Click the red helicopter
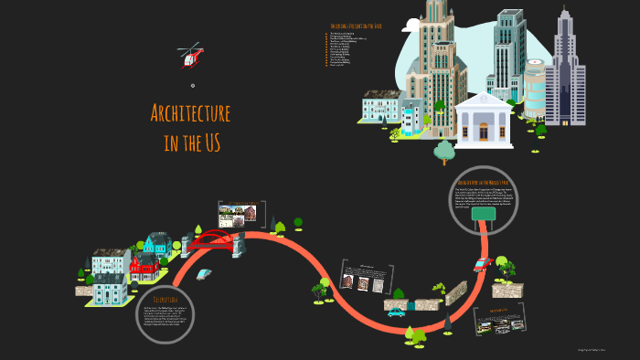click(x=191, y=56)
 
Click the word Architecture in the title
click(x=190, y=114)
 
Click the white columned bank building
click(x=484, y=120)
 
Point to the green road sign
click(x=483, y=215)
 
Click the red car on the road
click(x=483, y=265)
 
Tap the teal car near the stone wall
click(x=396, y=312)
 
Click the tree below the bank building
click(x=444, y=151)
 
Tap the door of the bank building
click(x=484, y=133)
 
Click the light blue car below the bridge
click(x=204, y=273)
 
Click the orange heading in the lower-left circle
click(x=165, y=299)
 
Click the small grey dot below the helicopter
click(x=193, y=85)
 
